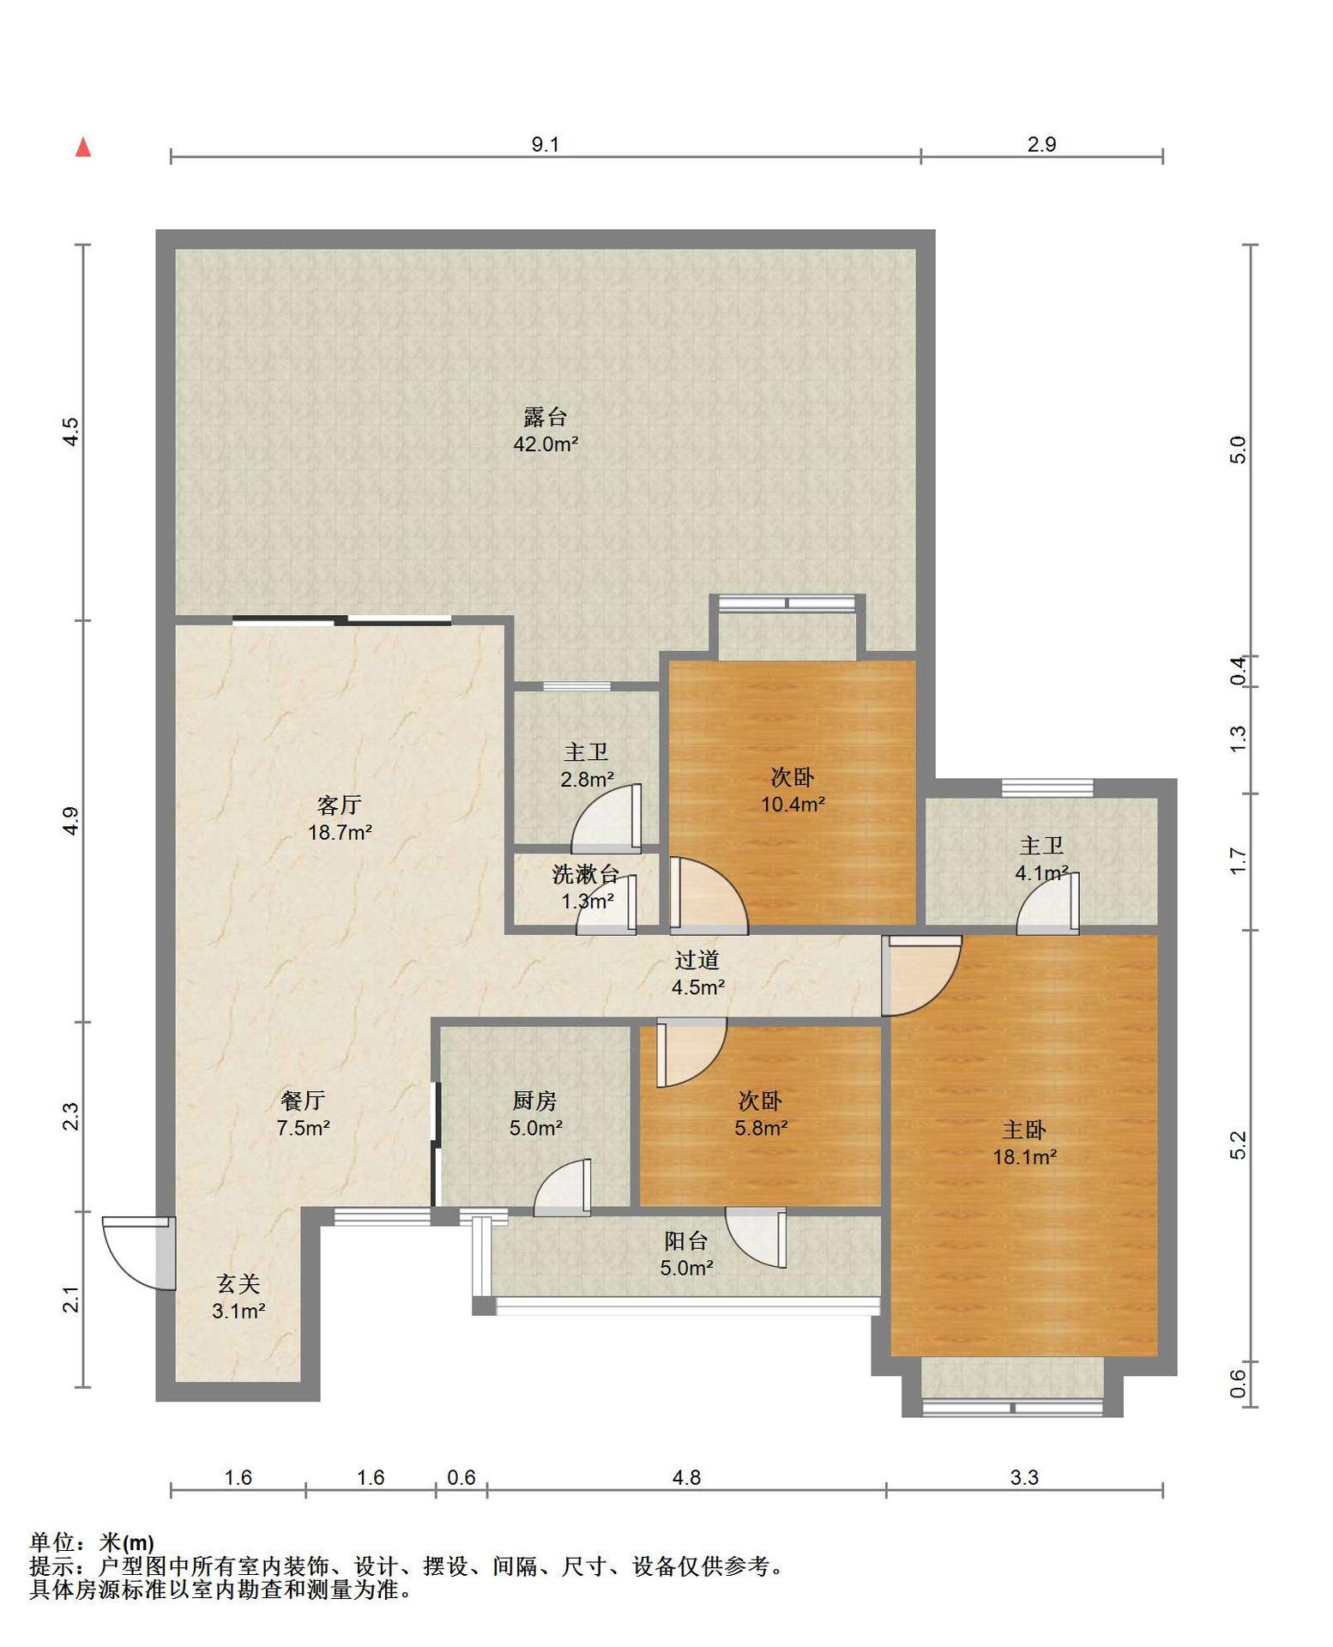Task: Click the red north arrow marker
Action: (x=83, y=148)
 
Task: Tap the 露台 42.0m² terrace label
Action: (x=546, y=431)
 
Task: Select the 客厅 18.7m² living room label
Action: (x=340, y=818)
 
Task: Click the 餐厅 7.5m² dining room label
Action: (x=303, y=1114)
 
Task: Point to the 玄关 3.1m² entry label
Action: (x=238, y=1297)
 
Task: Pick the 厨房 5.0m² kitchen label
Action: (x=535, y=1114)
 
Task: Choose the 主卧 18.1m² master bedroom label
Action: (x=1024, y=1143)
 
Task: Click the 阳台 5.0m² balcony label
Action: (x=686, y=1254)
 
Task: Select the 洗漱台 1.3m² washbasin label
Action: (x=587, y=888)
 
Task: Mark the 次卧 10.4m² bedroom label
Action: (x=793, y=791)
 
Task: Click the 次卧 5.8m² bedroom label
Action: (x=761, y=1114)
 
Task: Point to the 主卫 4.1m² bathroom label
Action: (x=1041, y=860)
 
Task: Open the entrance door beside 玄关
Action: (x=140, y=1252)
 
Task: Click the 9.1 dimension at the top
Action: (x=545, y=144)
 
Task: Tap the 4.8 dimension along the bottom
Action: (x=686, y=1477)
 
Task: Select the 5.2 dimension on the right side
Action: (x=1238, y=1145)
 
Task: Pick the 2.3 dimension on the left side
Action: (x=72, y=1116)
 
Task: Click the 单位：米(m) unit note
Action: (x=92, y=1543)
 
